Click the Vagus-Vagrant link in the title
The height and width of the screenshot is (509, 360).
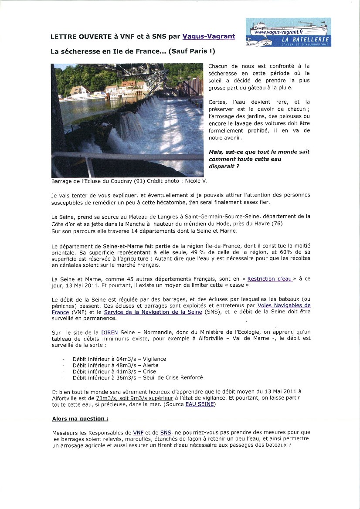click(x=208, y=37)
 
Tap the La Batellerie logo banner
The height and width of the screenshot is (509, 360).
click(x=288, y=32)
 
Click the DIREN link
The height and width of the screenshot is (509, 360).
click(x=109, y=333)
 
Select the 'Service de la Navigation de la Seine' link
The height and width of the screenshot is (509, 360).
click(x=153, y=312)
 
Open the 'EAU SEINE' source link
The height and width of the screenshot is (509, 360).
click(x=200, y=404)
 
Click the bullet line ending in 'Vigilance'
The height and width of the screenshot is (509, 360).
click(x=119, y=359)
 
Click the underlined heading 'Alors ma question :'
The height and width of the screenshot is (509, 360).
click(x=80, y=418)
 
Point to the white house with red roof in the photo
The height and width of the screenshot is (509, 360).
click(x=80, y=91)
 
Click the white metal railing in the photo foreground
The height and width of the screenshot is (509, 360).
click(x=131, y=156)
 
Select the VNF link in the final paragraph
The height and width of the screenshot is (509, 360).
click(x=138, y=432)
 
